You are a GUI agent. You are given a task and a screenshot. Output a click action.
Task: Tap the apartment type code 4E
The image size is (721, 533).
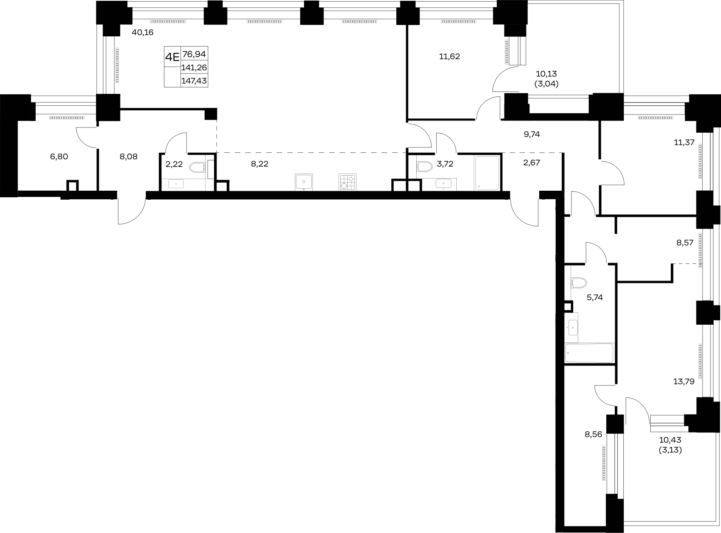coord(172,57)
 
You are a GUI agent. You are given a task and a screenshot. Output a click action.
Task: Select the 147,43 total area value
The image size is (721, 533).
coord(194,81)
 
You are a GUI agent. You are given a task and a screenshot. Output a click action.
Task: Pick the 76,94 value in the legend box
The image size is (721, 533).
coord(194,54)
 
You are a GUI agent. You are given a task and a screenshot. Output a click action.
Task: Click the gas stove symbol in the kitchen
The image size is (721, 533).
coord(347,182)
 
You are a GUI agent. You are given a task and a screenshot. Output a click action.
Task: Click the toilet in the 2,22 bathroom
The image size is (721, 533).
coord(197,167)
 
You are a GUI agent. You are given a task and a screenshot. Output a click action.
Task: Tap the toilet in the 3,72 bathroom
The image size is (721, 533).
coord(424,167)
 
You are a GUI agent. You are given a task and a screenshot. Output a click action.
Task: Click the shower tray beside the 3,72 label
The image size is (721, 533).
coord(487,173)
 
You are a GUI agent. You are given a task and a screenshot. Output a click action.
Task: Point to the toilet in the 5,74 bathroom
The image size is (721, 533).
coord(578,283)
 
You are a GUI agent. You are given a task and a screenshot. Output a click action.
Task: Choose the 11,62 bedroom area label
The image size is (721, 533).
coord(449,57)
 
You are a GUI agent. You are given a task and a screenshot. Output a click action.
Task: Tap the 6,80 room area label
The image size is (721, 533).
coord(59,156)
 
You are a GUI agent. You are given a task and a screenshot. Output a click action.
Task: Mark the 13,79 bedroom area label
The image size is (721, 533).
coord(684,382)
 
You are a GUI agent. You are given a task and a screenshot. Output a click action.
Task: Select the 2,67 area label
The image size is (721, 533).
coord(531,163)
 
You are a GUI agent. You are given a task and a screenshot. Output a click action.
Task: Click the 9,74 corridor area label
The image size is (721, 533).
coord(532,134)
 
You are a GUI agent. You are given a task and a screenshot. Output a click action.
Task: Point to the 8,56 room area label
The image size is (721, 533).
coord(594,434)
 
